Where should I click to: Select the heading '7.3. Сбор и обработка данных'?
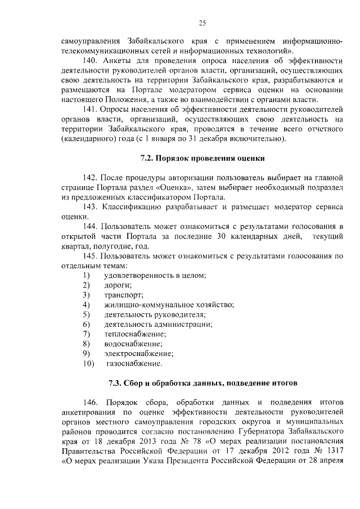202,383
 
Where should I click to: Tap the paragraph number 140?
89,60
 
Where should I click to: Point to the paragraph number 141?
89,110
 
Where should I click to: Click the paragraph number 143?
89,206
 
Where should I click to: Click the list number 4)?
86,304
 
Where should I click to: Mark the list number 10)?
88,363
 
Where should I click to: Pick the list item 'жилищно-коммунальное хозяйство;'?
169,304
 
